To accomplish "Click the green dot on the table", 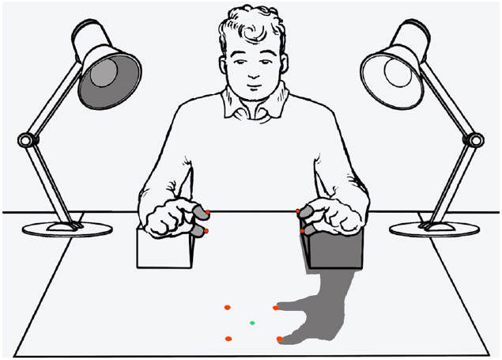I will tap(252, 323).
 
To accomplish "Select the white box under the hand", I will tap(164, 252).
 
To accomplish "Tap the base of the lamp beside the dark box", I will tap(435, 229).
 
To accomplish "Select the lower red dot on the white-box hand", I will tap(206, 231).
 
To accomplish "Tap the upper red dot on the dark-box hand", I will tap(299, 211).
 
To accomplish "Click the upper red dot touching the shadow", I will tap(276, 307).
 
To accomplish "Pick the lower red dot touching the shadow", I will tap(280, 339).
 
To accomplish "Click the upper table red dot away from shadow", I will tap(227, 307).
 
